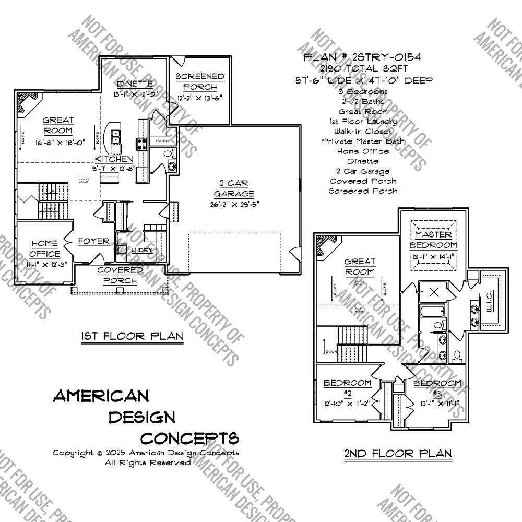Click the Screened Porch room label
click(x=199, y=81)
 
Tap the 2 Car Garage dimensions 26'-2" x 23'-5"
click(x=233, y=204)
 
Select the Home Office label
click(x=45, y=248)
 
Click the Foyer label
click(x=94, y=241)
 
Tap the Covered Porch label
click(x=120, y=275)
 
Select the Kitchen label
click(x=114, y=159)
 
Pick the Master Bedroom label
click(x=433, y=240)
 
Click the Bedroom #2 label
click(x=347, y=388)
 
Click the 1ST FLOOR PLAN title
click(x=132, y=337)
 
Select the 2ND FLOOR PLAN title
click(x=398, y=454)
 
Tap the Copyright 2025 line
click(x=146, y=453)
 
